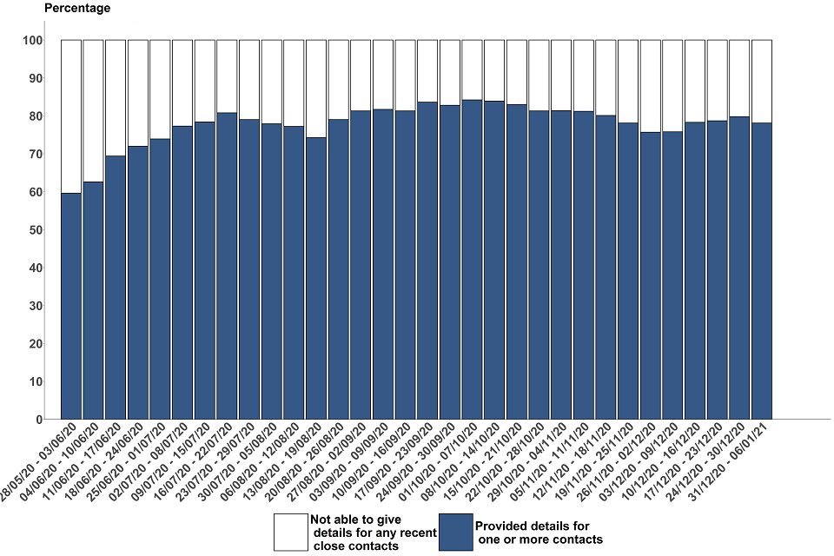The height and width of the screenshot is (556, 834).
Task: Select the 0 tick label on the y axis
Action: coord(39,420)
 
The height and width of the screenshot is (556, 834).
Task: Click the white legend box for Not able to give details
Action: coord(289,531)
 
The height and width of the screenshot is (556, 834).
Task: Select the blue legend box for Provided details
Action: coord(455,531)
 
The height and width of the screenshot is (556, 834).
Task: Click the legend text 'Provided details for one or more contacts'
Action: coord(539,532)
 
